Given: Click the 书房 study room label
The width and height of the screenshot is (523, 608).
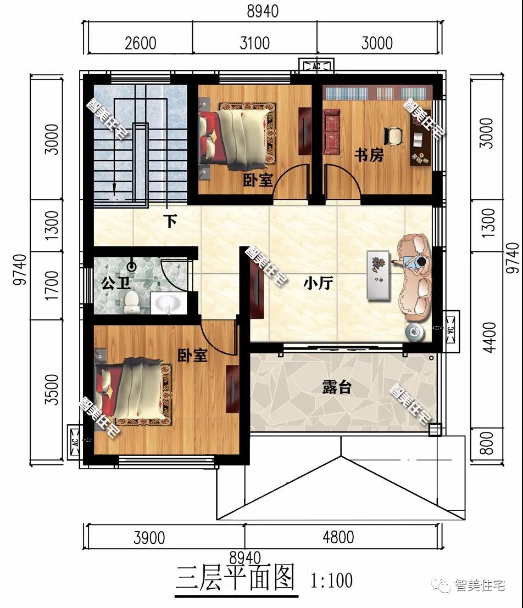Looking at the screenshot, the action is (369, 155).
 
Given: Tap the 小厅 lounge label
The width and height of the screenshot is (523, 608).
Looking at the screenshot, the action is (318, 283).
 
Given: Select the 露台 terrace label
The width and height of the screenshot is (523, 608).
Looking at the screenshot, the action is (337, 387).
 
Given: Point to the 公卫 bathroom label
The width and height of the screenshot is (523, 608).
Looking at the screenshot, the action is (116, 283).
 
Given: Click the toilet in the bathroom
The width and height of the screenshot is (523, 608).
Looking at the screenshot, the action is (132, 302).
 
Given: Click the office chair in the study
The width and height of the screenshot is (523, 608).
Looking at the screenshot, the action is (393, 136).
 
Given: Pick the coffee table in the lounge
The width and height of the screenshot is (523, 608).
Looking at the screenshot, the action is (378, 275).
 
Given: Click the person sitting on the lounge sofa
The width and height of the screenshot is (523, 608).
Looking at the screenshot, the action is (413, 264).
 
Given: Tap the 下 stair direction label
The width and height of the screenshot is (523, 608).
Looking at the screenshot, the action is (170, 221).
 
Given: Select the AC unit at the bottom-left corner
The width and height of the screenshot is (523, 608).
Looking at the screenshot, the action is (75, 442).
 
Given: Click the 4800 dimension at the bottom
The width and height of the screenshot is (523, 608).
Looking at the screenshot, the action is (338, 537).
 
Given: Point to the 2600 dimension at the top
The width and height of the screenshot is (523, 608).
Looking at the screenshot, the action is (141, 43).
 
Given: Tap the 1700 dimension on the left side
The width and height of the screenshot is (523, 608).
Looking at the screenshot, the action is (52, 286).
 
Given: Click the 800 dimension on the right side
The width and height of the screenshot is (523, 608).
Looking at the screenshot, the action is (487, 443).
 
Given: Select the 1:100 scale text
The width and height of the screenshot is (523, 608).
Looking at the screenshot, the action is (332, 581).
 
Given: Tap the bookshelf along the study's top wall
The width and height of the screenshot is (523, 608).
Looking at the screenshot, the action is (375, 93).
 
